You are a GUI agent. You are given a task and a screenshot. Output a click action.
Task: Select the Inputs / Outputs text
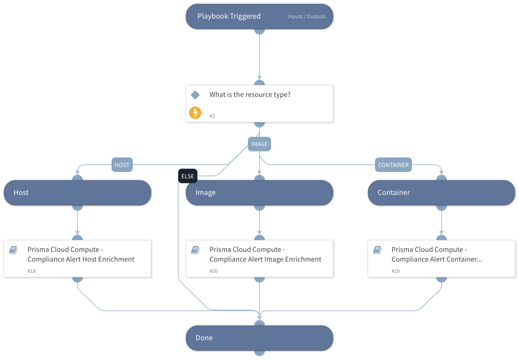coord(306,17)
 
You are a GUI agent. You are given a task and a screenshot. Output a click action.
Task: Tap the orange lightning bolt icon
coord(195,113)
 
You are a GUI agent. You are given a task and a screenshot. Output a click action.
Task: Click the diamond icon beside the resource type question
coord(195,95)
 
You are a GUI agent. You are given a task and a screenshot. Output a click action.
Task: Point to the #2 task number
coord(212,116)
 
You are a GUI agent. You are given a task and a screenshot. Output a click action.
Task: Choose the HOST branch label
coord(122,165)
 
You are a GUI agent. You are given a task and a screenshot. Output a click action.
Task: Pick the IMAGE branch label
coord(259,144)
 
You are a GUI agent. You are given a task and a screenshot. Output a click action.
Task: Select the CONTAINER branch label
coord(393,165)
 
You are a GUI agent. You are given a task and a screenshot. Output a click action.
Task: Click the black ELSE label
coord(187,176)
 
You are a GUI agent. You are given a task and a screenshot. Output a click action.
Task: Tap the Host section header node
coord(77,193)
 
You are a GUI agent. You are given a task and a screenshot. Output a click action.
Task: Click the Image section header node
coord(259,193)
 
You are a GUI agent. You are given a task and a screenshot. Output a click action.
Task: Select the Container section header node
coord(442,193)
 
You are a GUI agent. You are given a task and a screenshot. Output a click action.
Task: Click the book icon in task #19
coord(377,250)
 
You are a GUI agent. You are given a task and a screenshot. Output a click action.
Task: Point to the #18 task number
coord(31,271)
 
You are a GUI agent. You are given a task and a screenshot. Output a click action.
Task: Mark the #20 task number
coord(213,271)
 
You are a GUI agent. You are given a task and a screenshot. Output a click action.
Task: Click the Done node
coord(259,338)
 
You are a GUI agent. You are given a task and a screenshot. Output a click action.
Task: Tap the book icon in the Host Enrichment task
coord(13,250)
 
